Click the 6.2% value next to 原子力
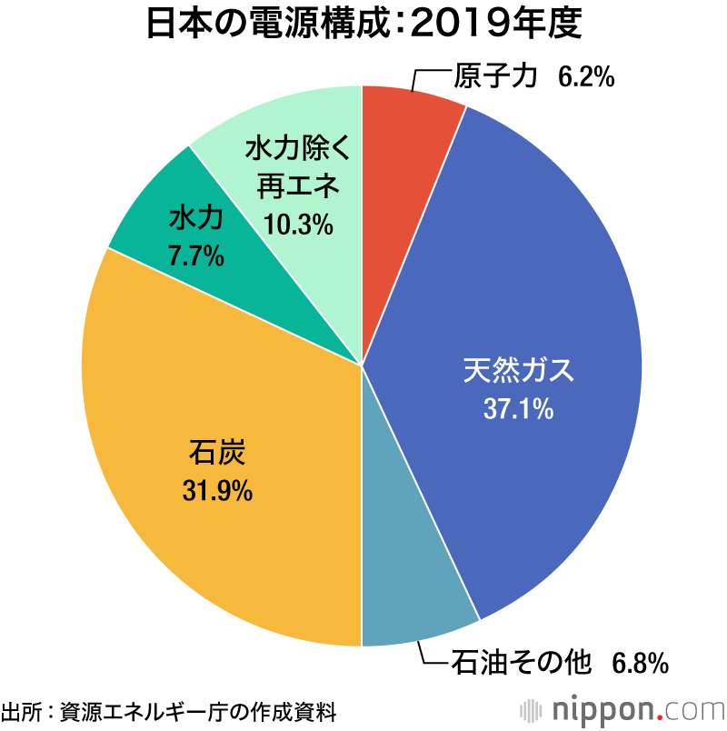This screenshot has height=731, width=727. (x=586, y=78)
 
